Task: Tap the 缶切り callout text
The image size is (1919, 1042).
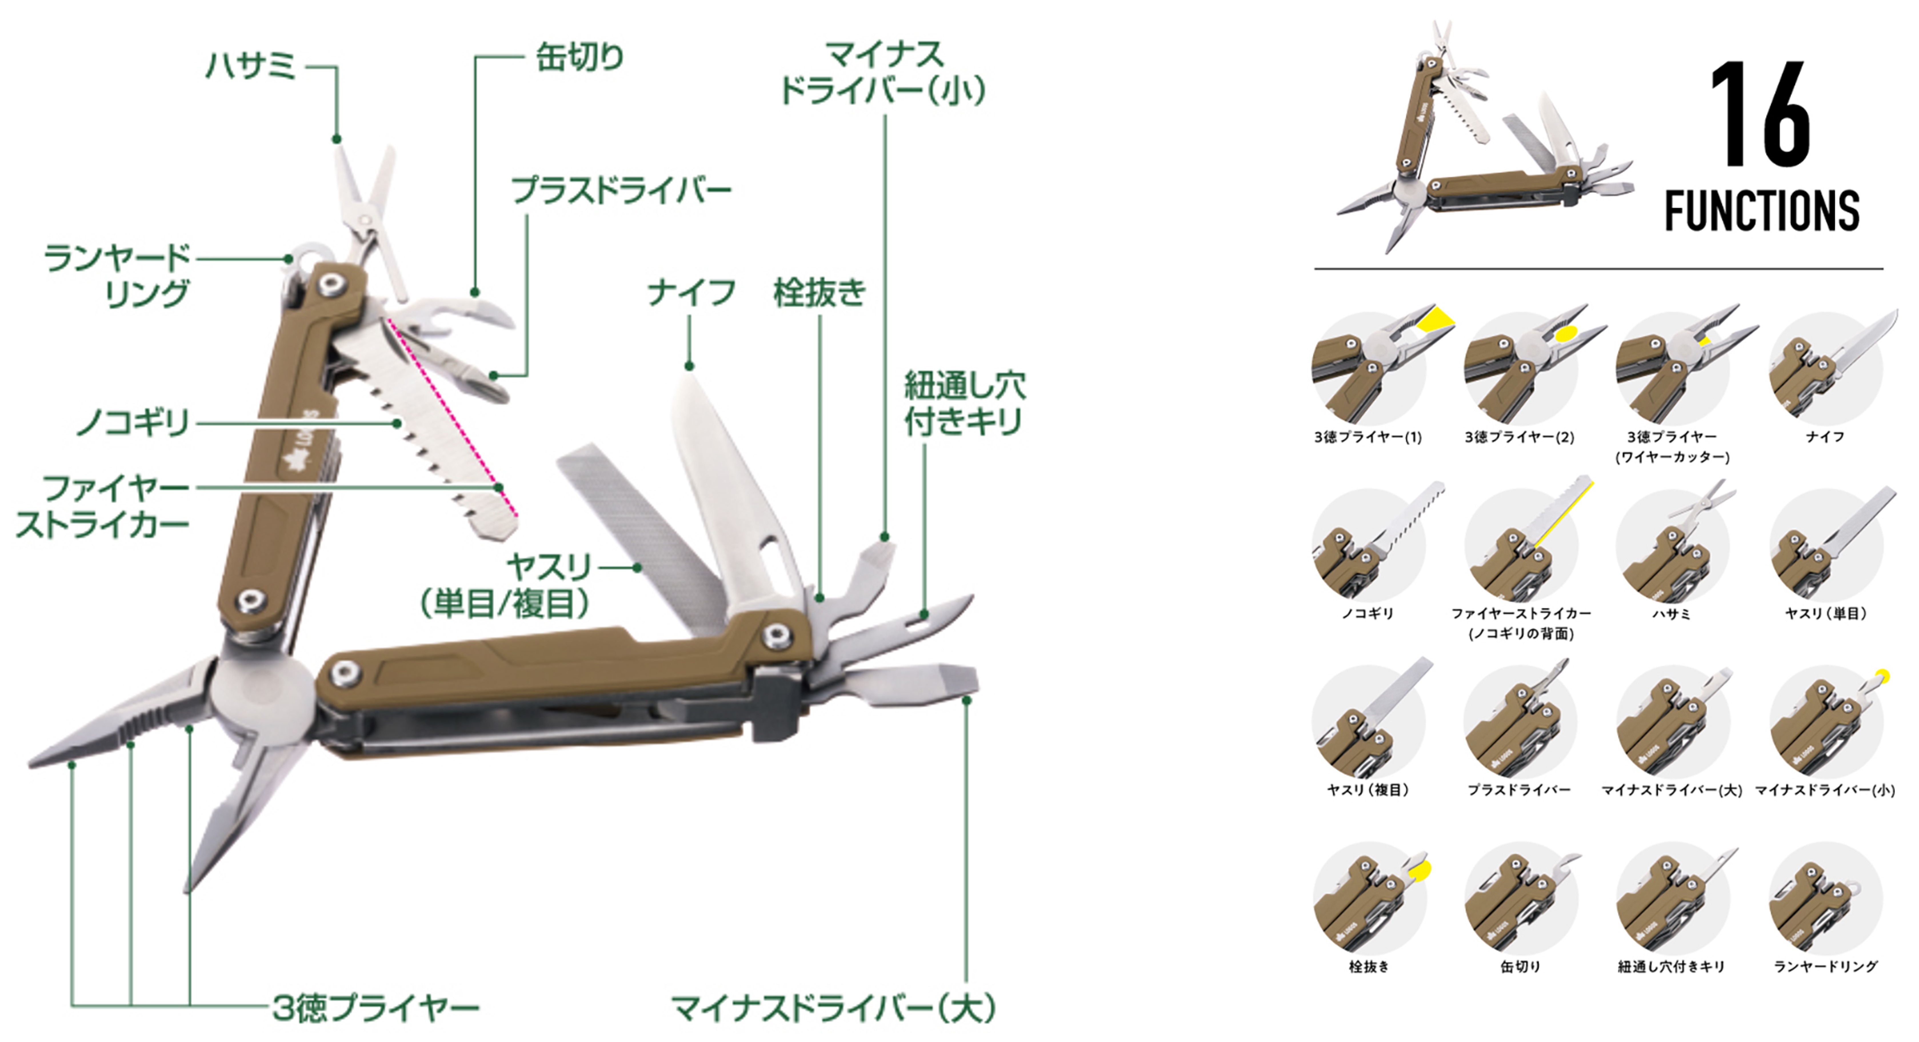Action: click(579, 57)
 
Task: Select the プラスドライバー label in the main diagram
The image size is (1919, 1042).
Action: click(621, 191)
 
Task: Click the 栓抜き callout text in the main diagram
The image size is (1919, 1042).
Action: click(819, 292)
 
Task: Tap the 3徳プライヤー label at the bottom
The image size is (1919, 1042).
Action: click(375, 1008)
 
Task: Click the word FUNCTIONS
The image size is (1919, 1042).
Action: click(1762, 211)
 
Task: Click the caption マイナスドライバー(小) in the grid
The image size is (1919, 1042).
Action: click(1825, 790)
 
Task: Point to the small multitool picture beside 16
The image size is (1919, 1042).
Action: click(1482, 142)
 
